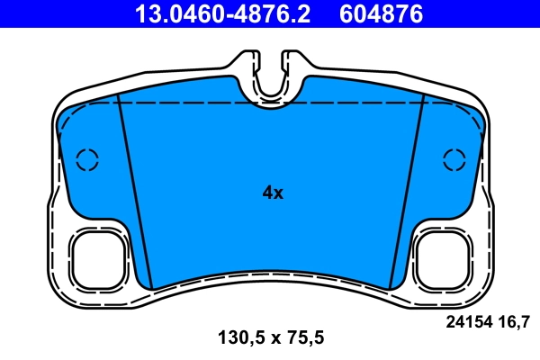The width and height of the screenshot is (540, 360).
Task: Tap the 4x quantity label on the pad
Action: (x=272, y=193)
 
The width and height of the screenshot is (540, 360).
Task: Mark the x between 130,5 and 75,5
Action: (x=269, y=339)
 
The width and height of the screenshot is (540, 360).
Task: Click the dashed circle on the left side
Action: (x=86, y=159)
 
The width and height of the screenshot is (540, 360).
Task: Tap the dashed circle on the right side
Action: (x=455, y=159)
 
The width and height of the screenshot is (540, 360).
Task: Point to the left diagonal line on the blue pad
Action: (x=136, y=193)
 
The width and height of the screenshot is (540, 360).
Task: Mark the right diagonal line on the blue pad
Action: (x=406, y=193)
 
